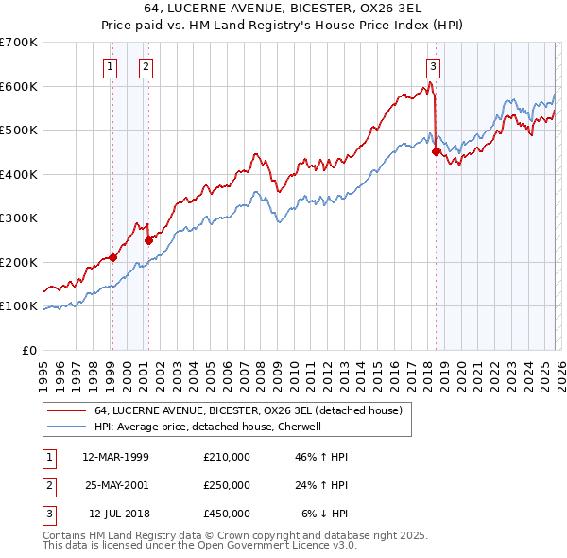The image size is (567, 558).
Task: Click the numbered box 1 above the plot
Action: [112, 66]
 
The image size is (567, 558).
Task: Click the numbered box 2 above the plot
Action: [146, 66]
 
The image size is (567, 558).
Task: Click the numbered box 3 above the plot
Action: [433, 66]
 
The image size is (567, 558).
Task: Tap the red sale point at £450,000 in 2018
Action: [436, 151]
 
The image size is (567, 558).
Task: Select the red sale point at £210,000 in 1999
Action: [112, 257]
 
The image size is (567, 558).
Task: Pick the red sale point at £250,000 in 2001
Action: [148, 240]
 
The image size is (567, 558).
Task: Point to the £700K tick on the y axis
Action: [19, 43]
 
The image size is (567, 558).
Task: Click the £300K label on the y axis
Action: [19, 218]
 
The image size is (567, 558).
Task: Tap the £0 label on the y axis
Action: [28, 350]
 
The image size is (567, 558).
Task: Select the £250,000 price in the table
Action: [227, 485]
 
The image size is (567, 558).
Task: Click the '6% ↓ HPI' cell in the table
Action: [325, 514]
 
